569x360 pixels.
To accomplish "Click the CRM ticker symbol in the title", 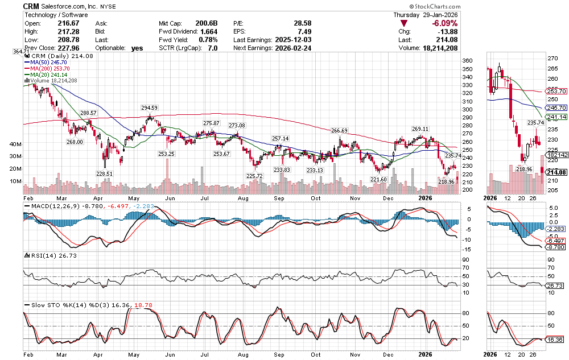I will (x=32, y=6).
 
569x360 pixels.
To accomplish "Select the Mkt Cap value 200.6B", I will (x=207, y=23).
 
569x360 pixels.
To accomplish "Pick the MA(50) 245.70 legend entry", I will (x=47, y=62).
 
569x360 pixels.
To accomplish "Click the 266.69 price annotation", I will (x=339, y=131).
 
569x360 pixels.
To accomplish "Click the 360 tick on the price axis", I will (x=467, y=61).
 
